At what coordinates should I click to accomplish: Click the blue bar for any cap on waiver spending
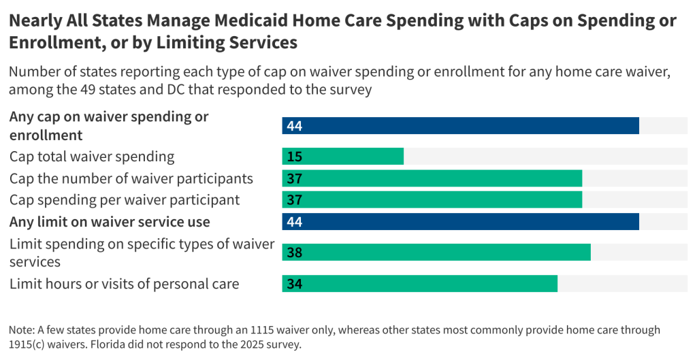tap(460, 126)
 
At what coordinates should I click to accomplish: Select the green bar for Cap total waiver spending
tap(343, 157)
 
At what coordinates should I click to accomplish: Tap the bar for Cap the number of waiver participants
tap(432, 178)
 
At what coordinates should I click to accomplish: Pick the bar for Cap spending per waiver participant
tap(432, 200)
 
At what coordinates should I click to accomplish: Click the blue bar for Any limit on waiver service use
tap(460, 222)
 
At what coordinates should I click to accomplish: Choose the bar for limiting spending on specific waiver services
tap(436, 252)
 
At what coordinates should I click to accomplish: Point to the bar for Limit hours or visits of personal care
tap(420, 284)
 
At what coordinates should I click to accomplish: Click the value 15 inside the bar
tap(295, 157)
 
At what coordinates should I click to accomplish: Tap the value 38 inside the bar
tap(295, 252)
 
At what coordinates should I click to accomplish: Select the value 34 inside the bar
tap(295, 284)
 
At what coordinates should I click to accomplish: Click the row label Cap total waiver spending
tap(92, 157)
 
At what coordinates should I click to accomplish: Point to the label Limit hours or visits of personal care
tap(124, 284)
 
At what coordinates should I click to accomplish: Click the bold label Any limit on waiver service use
tap(110, 222)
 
